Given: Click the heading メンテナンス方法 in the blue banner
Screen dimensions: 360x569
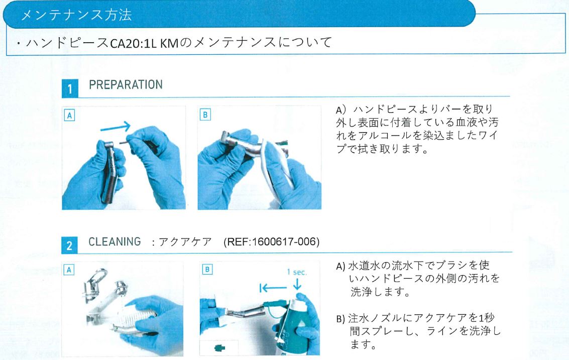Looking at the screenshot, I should click(x=76, y=15).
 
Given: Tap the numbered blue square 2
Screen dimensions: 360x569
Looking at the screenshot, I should click(x=70, y=246).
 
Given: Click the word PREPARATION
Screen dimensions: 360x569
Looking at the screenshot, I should click(x=126, y=84).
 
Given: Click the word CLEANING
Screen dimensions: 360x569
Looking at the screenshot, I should click(x=115, y=242).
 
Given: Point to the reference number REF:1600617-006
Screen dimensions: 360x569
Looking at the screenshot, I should click(x=271, y=242).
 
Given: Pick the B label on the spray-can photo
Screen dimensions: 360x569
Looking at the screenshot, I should click(x=205, y=269).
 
